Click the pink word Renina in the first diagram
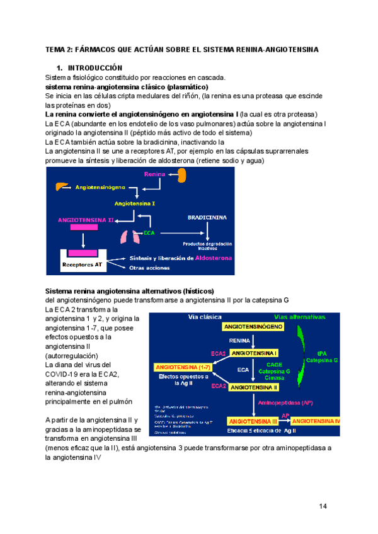154,174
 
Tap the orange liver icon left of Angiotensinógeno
60,187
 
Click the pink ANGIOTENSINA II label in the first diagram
86,221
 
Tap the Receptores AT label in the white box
82,264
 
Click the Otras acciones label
149,268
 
